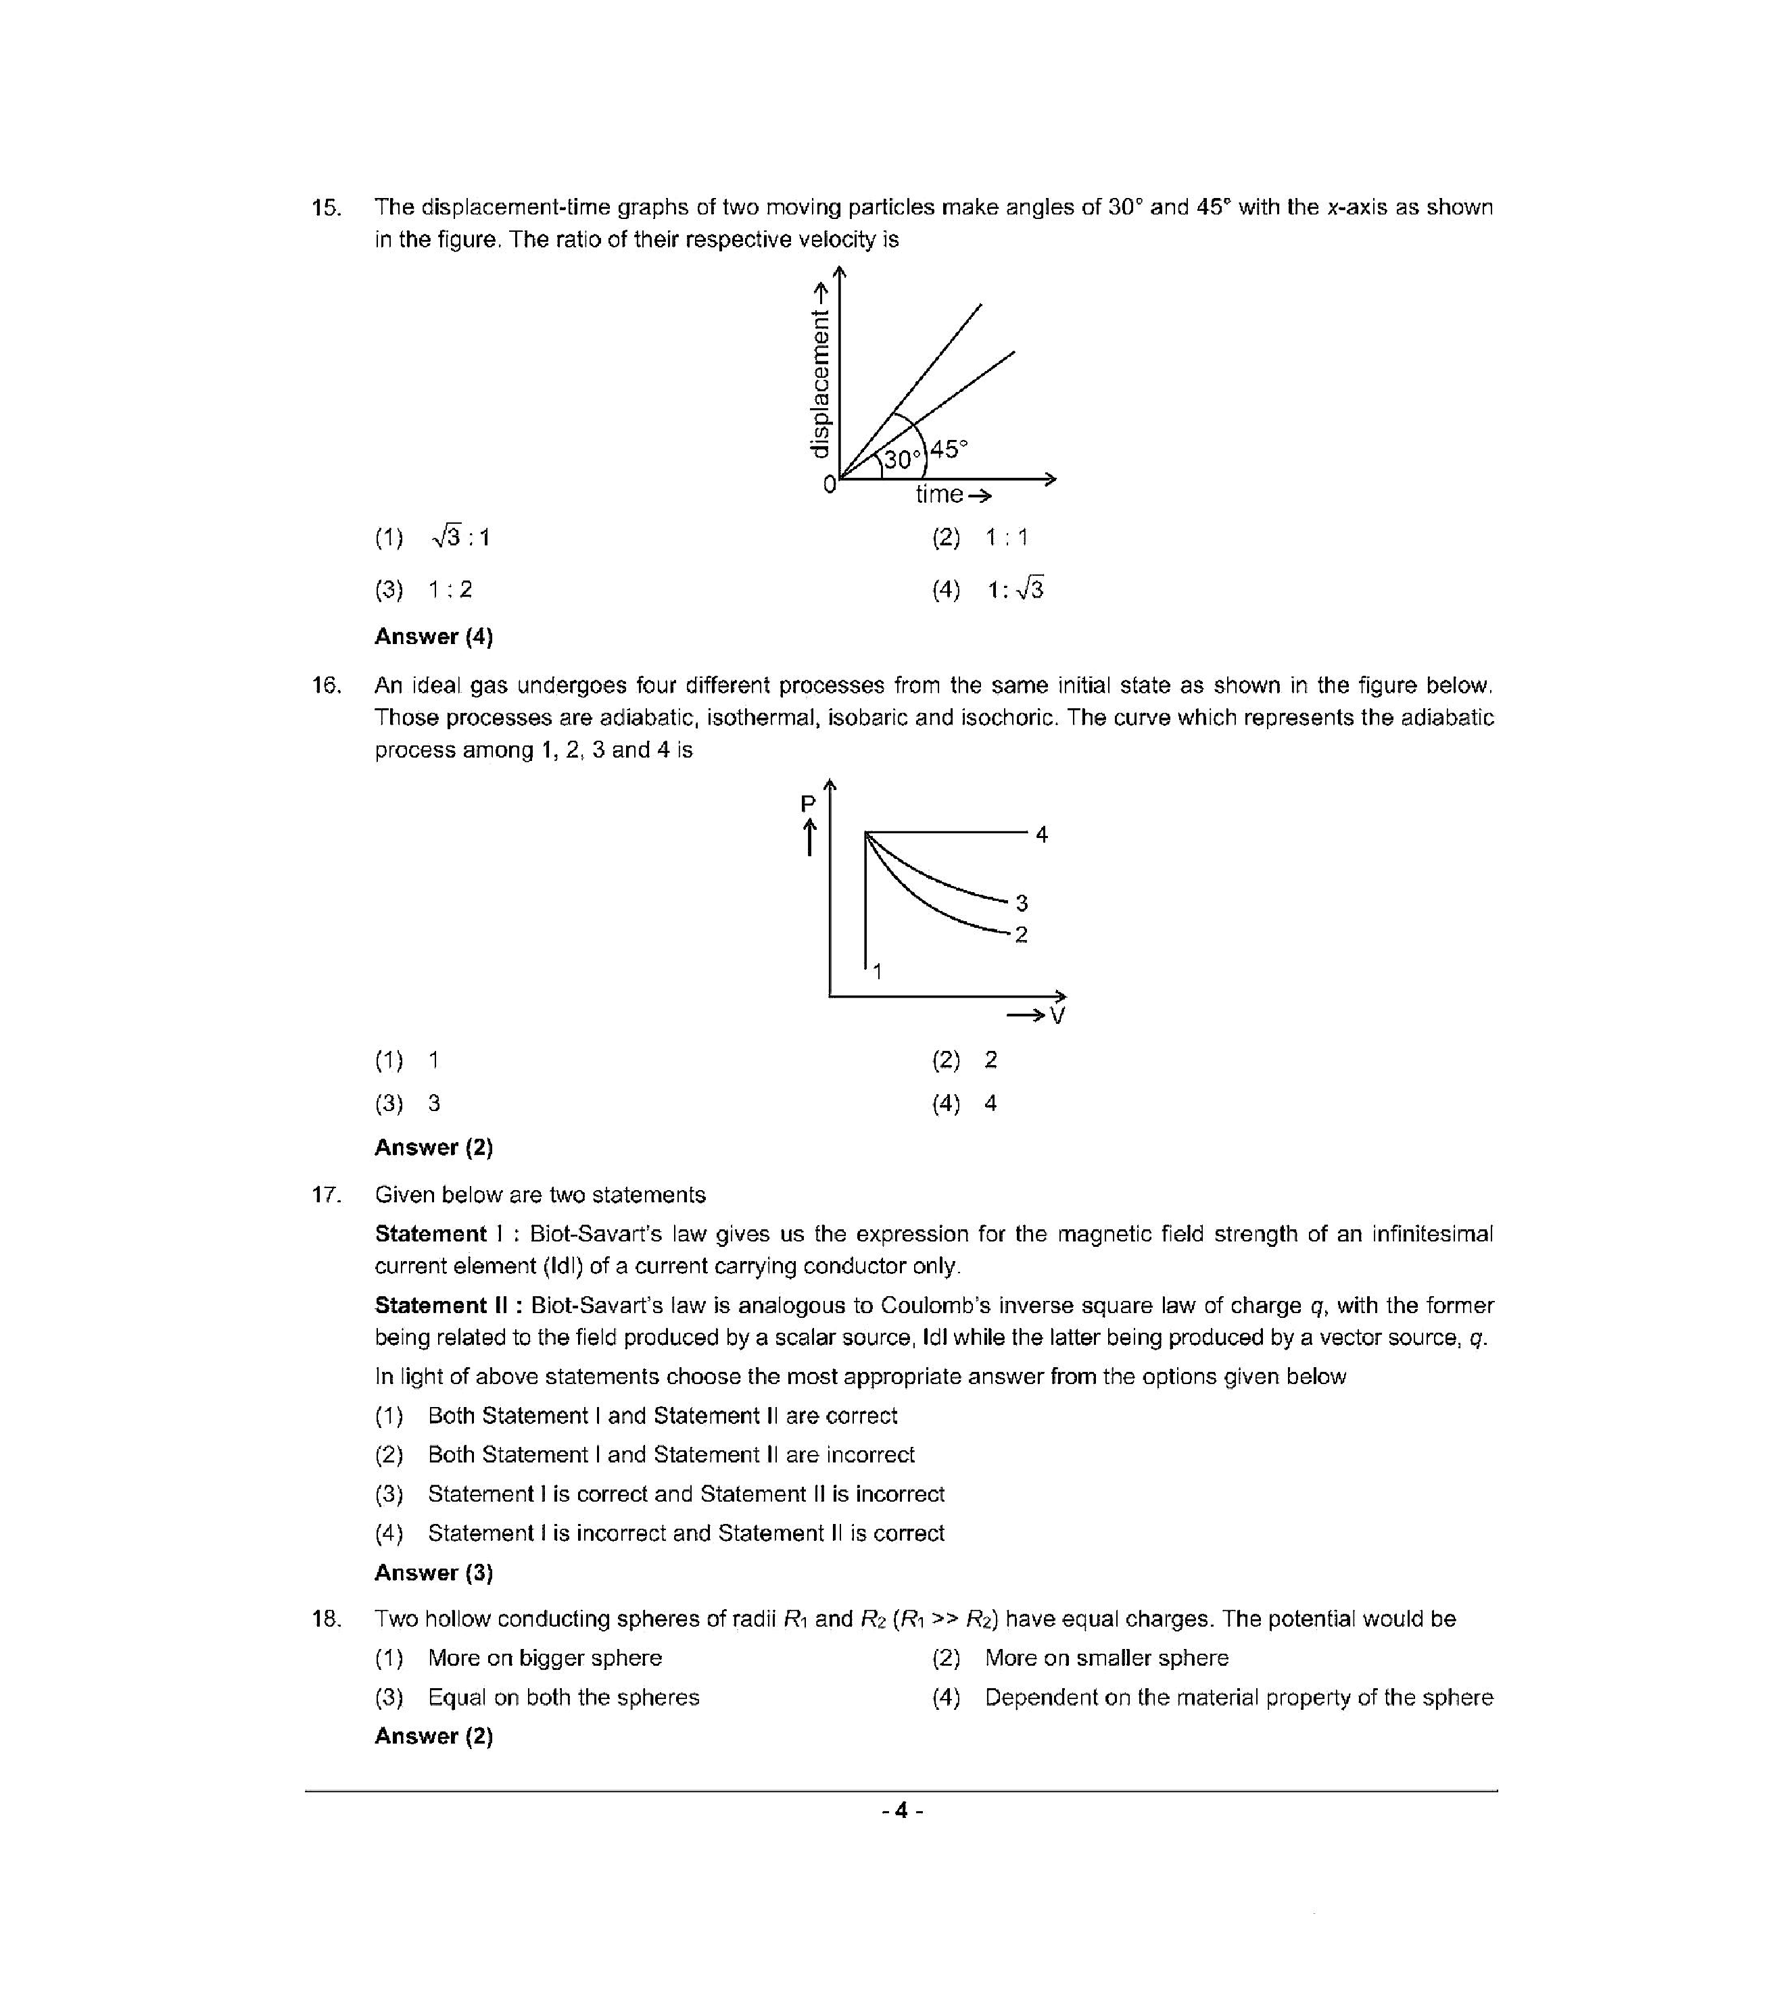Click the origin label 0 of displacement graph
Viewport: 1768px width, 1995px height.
tap(829, 484)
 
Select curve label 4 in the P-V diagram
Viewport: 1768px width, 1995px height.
tap(1042, 835)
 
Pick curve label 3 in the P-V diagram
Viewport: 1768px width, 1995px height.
tap(1021, 903)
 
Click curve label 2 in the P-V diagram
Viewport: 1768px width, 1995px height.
tap(1021, 935)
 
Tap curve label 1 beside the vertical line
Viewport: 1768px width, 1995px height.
tap(877, 970)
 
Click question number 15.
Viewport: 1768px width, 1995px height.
tap(326, 208)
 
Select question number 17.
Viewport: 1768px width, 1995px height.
tap(326, 1195)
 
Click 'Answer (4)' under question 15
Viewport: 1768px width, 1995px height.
tap(433, 637)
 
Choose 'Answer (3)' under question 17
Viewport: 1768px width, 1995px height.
tap(433, 1573)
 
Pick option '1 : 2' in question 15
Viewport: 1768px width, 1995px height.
tap(450, 589)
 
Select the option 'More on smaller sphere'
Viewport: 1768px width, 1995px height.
tap(1106, 1658)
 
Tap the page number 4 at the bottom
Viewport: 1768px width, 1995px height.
tap(901, 1811)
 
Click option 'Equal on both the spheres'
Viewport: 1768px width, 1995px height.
tap(563, 1698)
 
